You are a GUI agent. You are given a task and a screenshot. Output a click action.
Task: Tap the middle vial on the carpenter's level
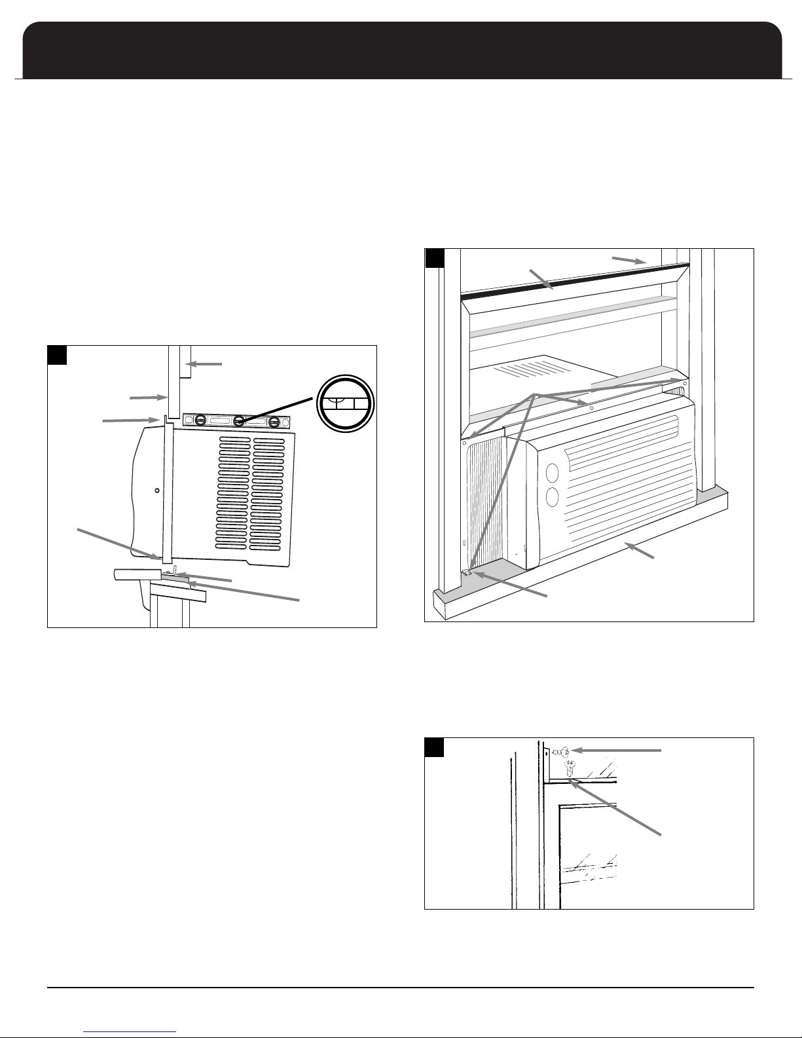click(x=240, y=420)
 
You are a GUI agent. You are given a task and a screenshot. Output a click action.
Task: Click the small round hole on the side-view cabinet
click(x=156, y=489)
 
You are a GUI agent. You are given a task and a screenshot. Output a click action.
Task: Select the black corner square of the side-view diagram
click(x=58, y=354)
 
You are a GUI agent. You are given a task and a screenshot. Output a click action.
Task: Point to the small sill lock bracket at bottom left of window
click(x=467, y=572)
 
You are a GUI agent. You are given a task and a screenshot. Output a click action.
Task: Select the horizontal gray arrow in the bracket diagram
click(x=620, y=751)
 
